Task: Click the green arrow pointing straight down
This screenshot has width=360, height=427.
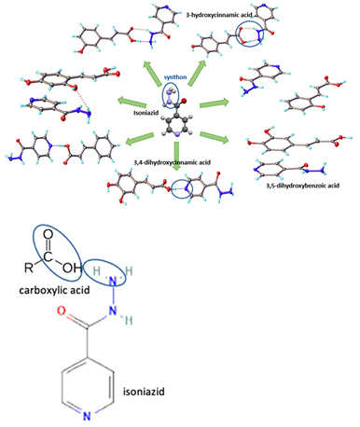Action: tap(177, 145)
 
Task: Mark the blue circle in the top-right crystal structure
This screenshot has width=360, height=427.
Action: tap(253, 36)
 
